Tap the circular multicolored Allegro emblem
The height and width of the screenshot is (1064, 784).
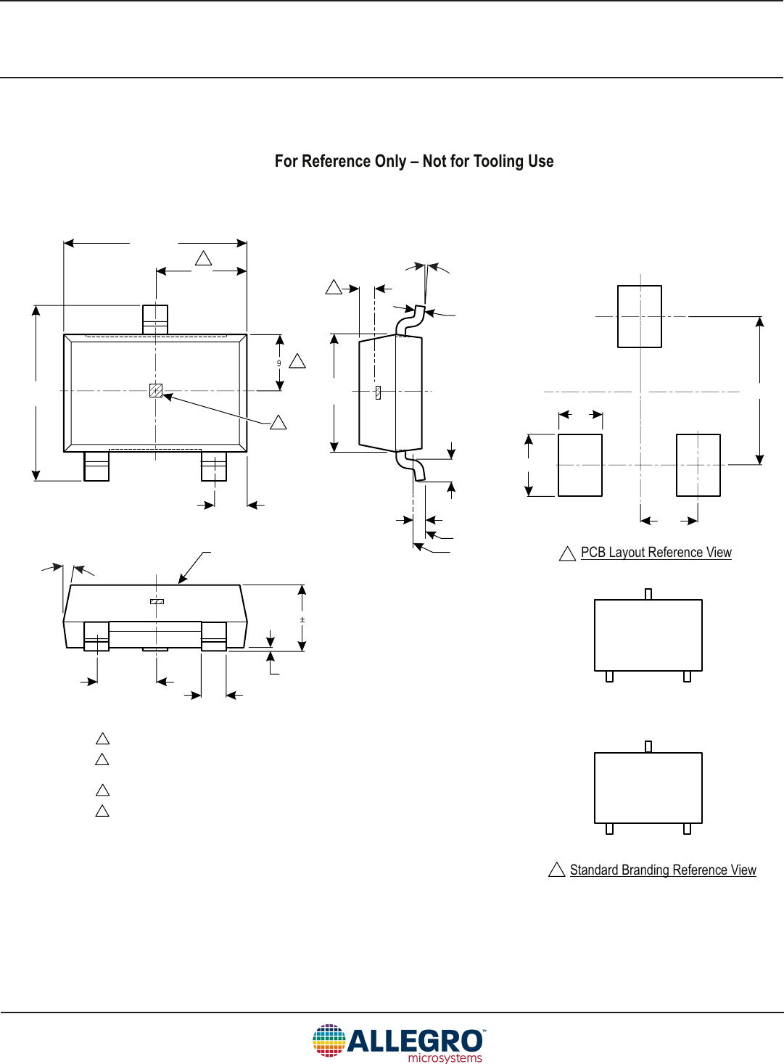point(329,1041)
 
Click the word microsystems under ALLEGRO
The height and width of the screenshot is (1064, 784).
point(445,1058)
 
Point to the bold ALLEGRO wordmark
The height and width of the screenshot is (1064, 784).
point(416,1041)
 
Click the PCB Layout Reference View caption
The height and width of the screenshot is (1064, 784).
point(656,553)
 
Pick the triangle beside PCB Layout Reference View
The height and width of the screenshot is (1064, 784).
point(567,554)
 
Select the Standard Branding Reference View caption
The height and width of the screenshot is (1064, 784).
point(662,870)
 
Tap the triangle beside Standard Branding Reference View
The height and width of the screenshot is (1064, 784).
point(556,870)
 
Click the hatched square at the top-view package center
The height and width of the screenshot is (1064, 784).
point(155,390)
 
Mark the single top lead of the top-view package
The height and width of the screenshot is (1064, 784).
point(155,319)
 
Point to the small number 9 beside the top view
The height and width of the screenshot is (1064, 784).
point(278,363)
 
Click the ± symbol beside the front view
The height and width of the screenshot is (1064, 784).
point(302,620)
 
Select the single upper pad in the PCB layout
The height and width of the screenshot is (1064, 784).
point(639,316)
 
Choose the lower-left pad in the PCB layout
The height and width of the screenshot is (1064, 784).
point(580,465)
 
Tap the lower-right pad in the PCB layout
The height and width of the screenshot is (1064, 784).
point(698,465)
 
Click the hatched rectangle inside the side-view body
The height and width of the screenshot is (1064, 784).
point(378,392)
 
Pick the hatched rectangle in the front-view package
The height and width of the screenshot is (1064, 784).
point(157,601)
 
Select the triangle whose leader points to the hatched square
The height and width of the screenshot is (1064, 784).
point(278,422)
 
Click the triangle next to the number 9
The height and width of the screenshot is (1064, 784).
point(297,361)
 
